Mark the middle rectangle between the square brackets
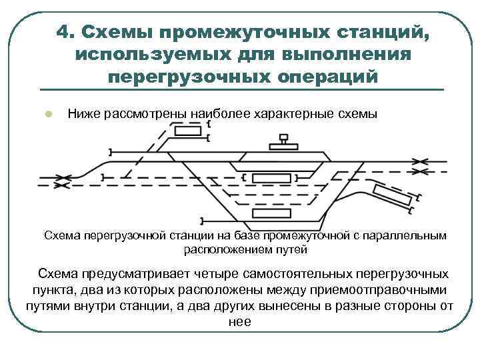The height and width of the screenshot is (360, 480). pyautogui.click(x=271, y=178)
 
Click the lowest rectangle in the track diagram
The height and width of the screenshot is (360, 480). pyautogui.click(x=272, y=214)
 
